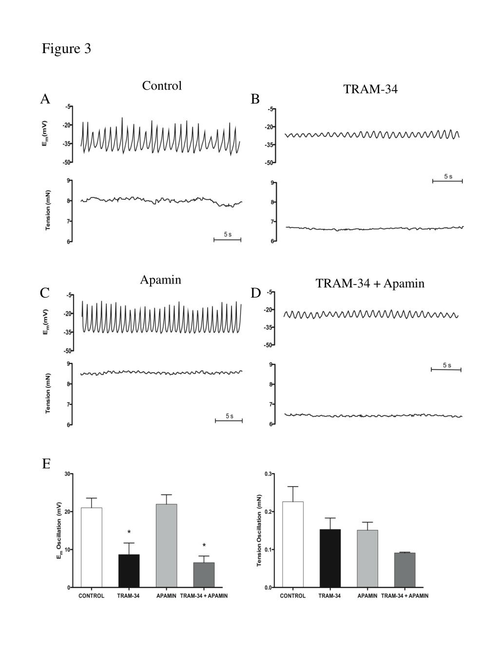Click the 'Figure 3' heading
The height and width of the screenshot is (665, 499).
point(66,49)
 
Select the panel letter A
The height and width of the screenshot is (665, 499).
point(45,99)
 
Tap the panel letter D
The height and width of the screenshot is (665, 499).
point(256,293)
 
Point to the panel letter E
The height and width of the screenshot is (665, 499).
point(46,464)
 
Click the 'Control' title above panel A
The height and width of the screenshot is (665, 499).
point(162,86)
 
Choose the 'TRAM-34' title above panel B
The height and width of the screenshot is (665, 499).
point(370,89)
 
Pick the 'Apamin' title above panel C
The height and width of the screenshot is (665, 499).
point(160,280)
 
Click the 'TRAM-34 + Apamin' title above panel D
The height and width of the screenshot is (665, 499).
point(370,284)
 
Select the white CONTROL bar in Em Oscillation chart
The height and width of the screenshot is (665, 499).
point(92,548)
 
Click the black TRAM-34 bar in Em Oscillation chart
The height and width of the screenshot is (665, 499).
point(129,570)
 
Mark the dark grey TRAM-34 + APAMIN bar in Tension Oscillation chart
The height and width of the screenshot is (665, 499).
point(404,570)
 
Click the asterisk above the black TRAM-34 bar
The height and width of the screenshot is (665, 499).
point(129,532)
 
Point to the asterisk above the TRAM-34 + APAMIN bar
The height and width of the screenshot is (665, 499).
point(204,546)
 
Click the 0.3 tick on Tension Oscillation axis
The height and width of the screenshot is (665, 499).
point(268,474)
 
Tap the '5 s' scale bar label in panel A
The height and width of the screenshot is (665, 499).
point(228,234)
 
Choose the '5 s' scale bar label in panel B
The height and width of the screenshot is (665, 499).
point(448,176)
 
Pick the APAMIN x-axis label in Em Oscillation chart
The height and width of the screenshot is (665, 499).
point(166,596)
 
